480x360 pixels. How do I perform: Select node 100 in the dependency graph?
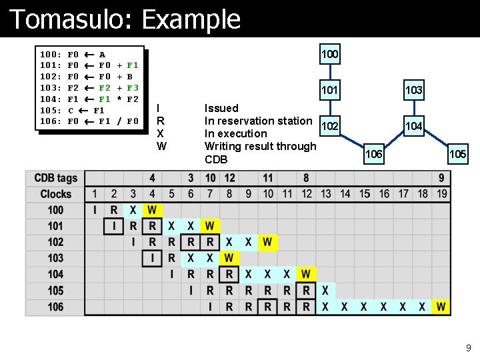[329, 53]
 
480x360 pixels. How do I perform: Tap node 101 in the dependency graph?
[329, 90]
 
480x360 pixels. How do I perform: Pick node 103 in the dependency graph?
[413, 90]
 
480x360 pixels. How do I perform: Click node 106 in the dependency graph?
[374, 154]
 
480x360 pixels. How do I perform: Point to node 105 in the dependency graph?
[458, 154]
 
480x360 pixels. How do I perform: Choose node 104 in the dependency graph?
[413, 125]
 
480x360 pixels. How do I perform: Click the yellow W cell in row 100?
[152, 210]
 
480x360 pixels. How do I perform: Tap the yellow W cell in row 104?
[306, 274]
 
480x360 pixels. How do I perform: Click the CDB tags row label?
[56, 178]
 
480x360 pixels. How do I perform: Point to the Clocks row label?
[56, 194]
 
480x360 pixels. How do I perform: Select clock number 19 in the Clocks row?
[441, 194]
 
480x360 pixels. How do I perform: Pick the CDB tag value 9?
[441, 178]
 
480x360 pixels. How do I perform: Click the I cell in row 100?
[95, 210]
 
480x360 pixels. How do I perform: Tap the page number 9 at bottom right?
[468, 347]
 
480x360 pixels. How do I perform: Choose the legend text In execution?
[235, 133]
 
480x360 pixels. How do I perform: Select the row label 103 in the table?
[56, 258]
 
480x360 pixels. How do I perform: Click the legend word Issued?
[221, 108]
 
